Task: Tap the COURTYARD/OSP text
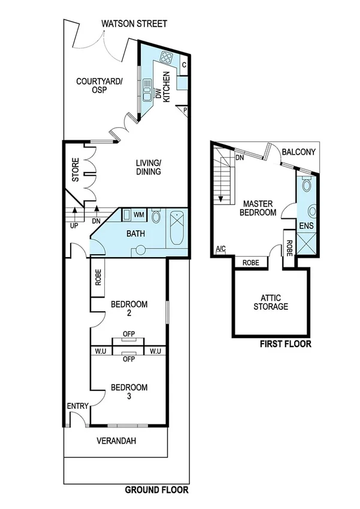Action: pyautogui.click(x=99, y=86)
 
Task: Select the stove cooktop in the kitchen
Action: pyautogui.click(x=167, y=59)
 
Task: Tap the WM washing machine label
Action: pyautogui.click(x=138, y=215)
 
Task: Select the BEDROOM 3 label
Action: pyautogui.click(x=129, y=391)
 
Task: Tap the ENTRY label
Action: pyautogui.click(x=77, y=406)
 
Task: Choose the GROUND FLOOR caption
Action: pyautogui.click(x=156, y=490)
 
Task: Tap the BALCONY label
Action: pyautogui.click(x=300, y=153)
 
